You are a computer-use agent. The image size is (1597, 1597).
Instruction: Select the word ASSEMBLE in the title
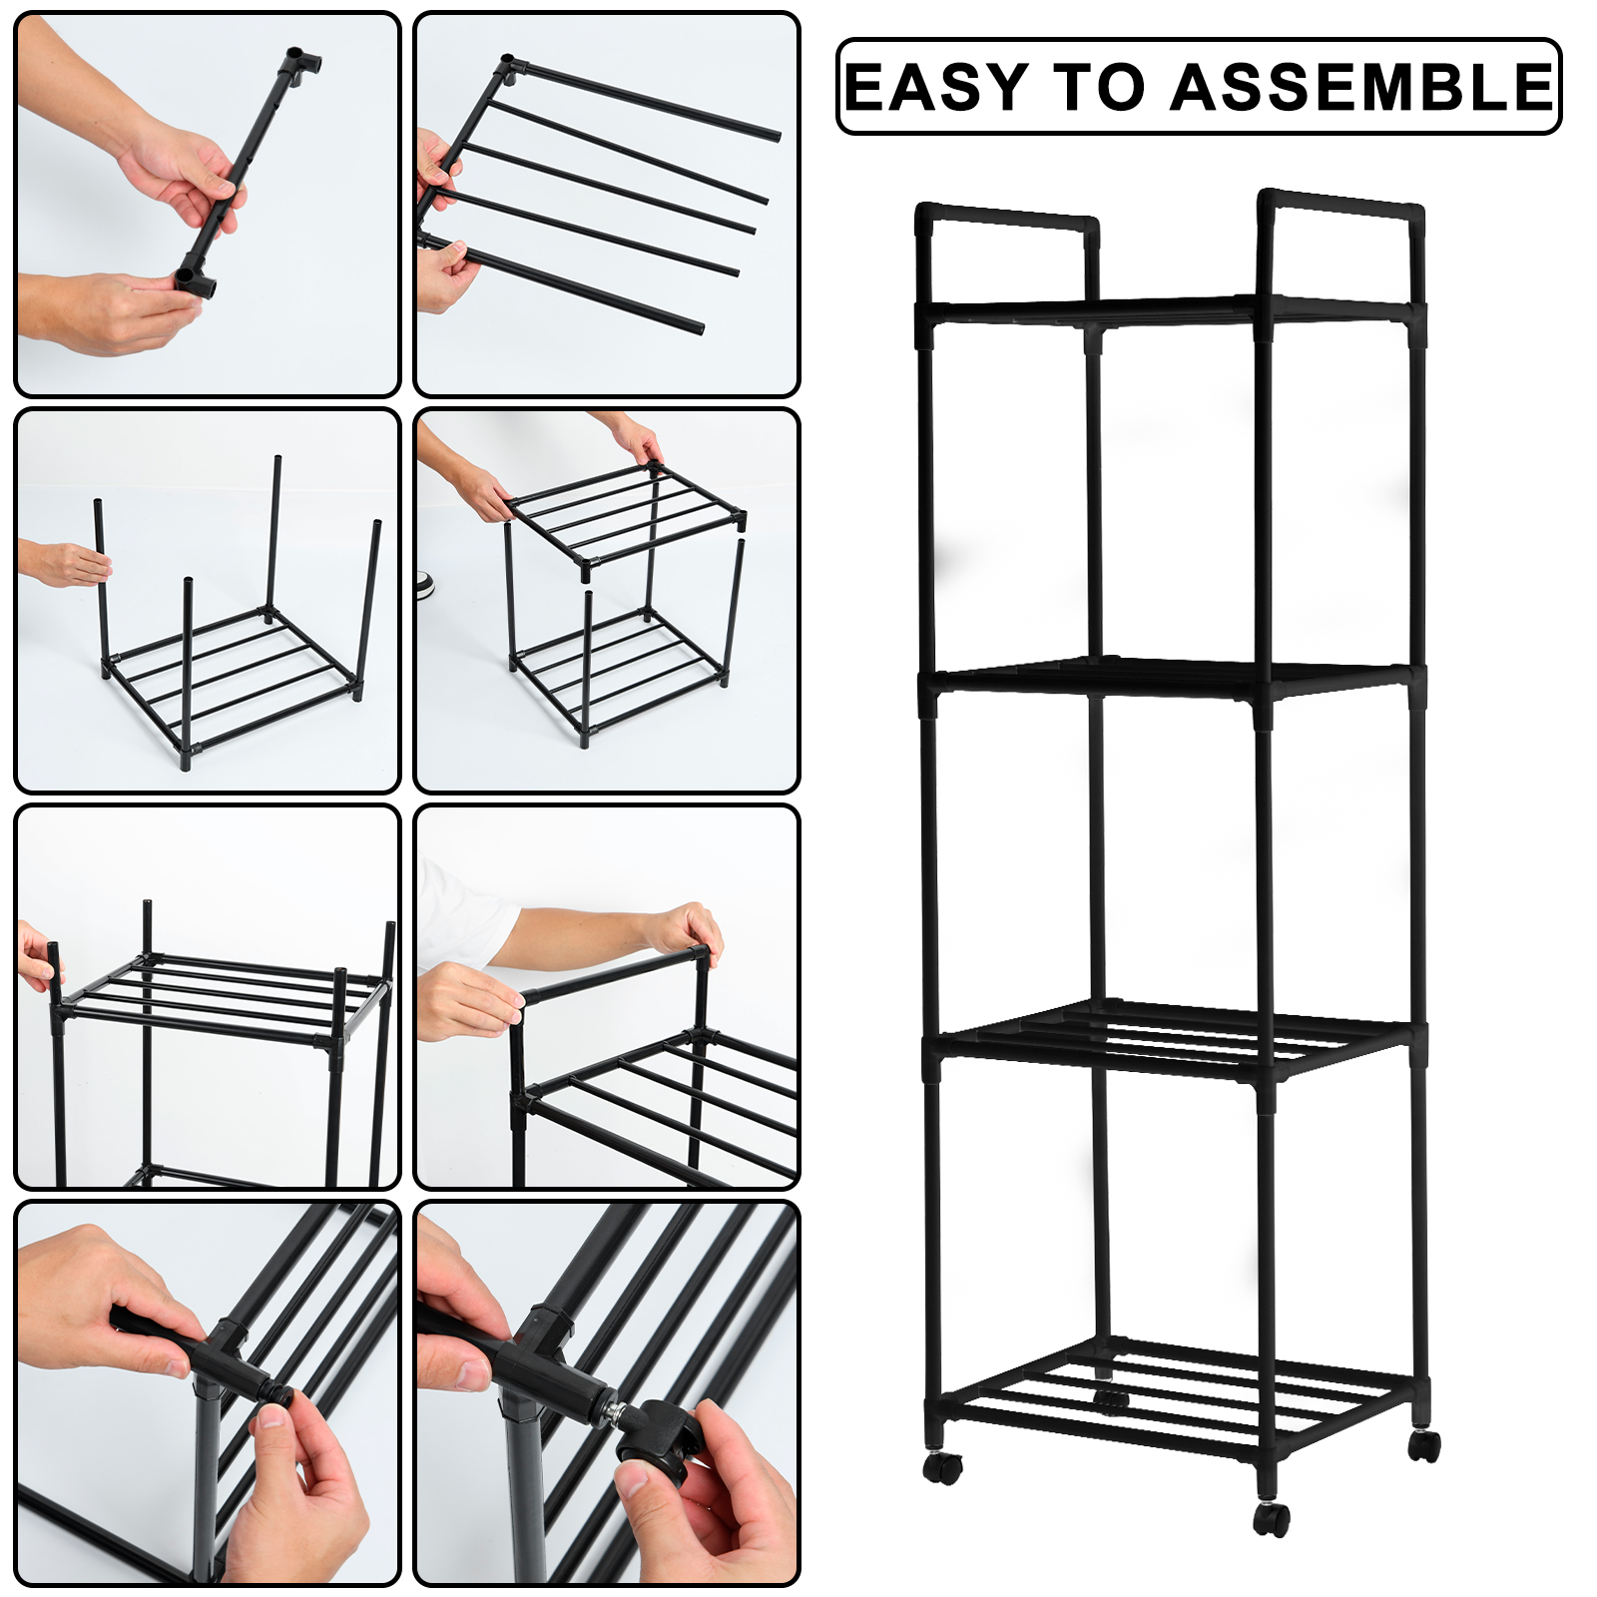tap(1361, 87)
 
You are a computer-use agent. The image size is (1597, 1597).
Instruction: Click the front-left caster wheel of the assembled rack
tap(942, 1467)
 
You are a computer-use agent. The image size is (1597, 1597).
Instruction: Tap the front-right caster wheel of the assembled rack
tap(1273, 1518)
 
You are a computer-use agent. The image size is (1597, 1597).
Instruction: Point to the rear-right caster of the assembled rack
tap(1425, 1445)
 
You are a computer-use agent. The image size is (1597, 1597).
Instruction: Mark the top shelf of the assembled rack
tap(1168, 311)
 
